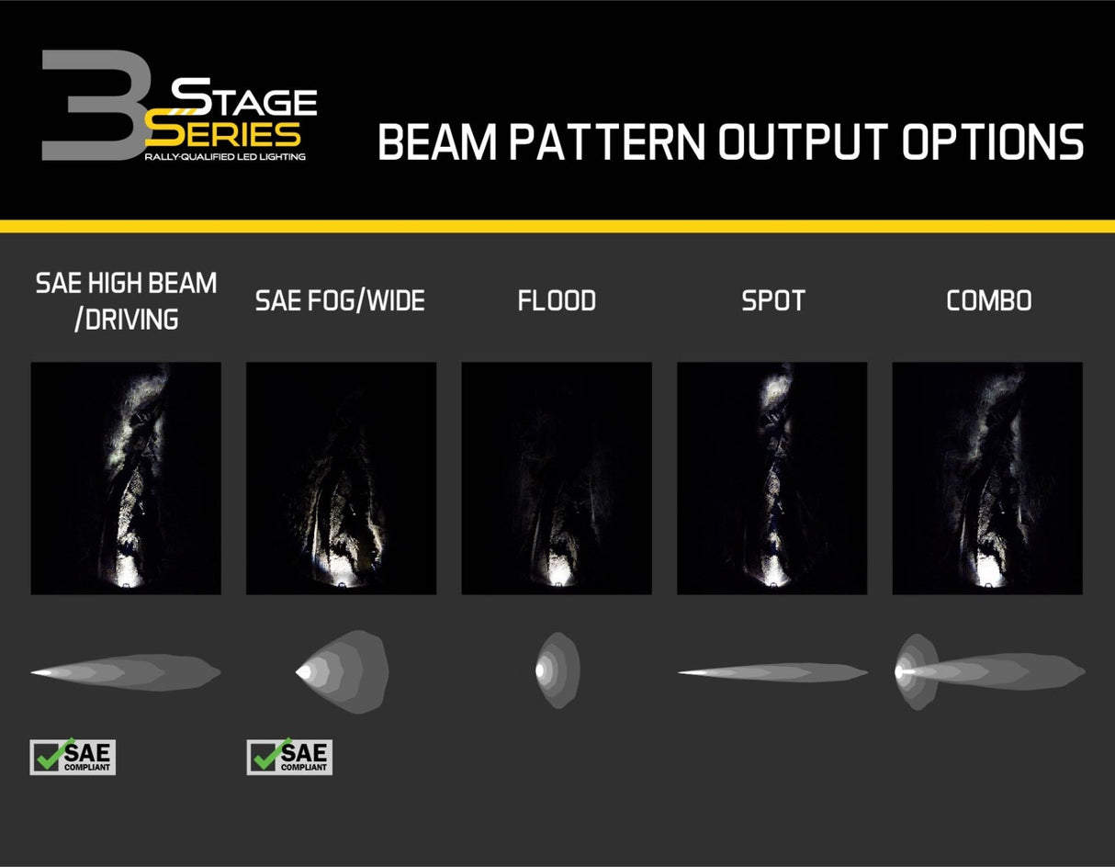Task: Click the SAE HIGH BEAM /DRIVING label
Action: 126,300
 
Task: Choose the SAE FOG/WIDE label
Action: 340,300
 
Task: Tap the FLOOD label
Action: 557,300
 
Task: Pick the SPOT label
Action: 772,300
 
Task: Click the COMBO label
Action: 988,300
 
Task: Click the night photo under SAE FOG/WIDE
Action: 341,478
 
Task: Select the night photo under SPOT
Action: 771,478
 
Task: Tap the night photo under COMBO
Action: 987,478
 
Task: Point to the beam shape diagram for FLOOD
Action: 557,670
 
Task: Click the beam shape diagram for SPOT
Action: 772,672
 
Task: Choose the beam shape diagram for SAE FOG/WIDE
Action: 342,671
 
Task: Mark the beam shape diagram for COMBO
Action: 988,671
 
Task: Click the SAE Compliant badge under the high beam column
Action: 73,757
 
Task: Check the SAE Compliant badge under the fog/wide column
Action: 289,757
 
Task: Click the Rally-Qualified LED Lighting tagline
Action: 225,157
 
